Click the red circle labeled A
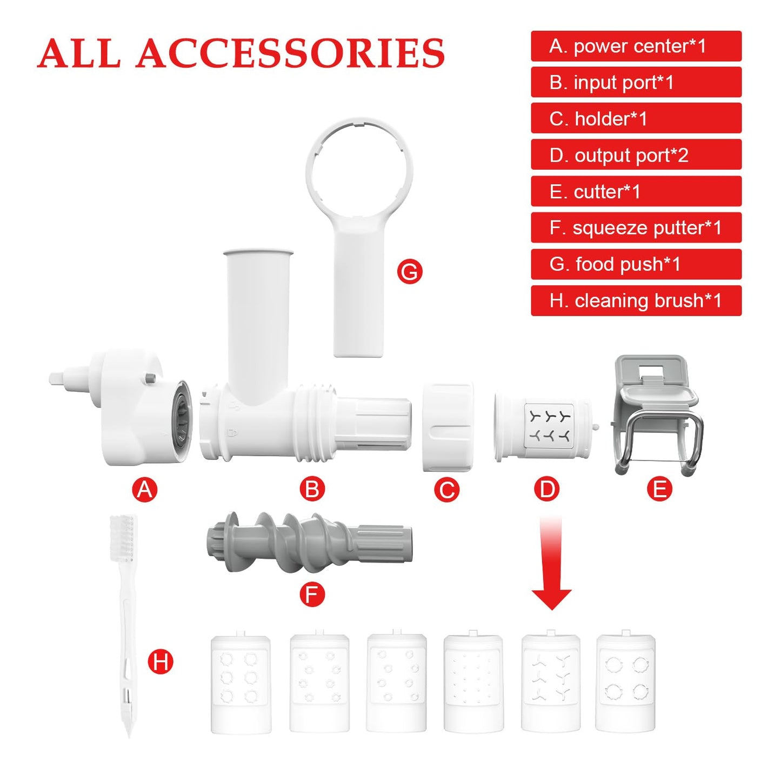tap(145, 489)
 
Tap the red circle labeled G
tap(409, 271)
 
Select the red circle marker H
tap(161, 662)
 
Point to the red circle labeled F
tap(312, 595)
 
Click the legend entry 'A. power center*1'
tap(636, 46)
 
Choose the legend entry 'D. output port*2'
tap(636, 155)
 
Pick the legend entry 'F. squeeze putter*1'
tap(636, 228)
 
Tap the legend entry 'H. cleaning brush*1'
tap(636, 301)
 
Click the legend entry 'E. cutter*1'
tap(636, 191)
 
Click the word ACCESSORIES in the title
tap(290, 53)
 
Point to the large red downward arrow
tap(551, 563)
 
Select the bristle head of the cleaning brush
tap(123, 538)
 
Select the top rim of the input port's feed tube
tap(258, 252)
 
